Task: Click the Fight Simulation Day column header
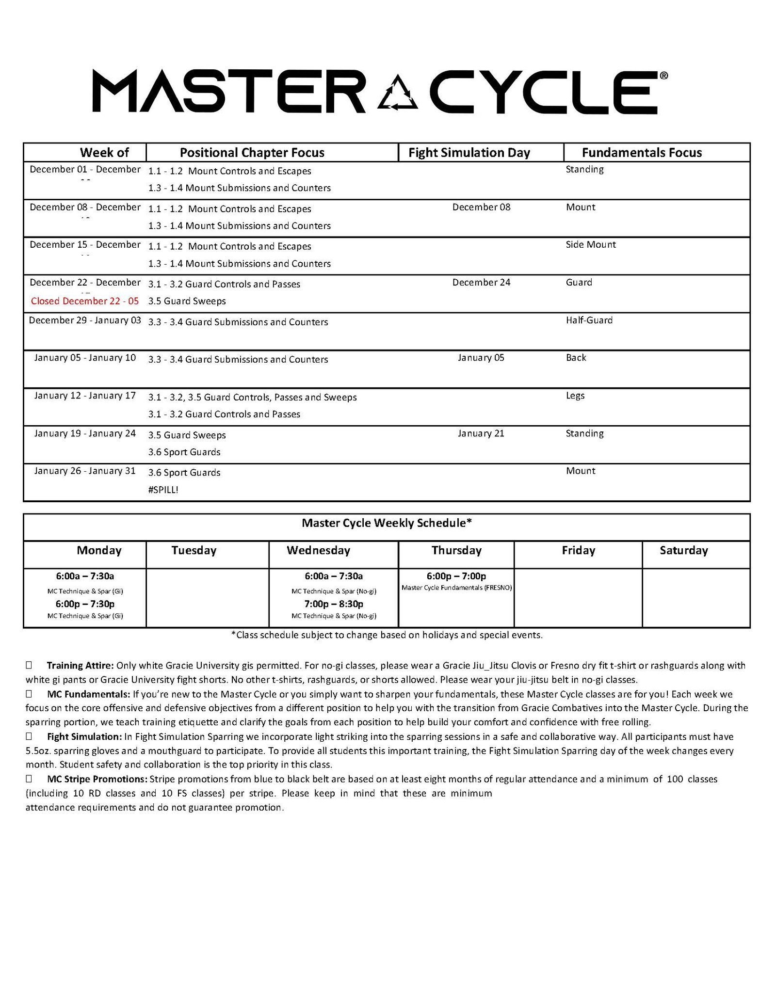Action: pos(469,153)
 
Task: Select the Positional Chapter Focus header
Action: pos(252,153)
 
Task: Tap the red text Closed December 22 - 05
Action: pos(85,301)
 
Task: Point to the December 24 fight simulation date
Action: pos(481,283)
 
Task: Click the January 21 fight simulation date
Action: pos(481,433)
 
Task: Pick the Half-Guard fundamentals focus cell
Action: pos(589,320)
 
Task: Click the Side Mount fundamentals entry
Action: pos(590,245)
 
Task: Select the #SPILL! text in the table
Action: pos(163,490)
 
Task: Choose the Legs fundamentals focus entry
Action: pos(575,396)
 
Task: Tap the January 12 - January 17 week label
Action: pos(85,396)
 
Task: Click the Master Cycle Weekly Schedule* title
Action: pos(387,523)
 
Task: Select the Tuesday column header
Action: pos(194,551)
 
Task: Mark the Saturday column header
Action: pos(683,551)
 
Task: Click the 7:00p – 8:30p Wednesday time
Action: pos(334,604)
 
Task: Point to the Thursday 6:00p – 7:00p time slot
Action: pos(456,576)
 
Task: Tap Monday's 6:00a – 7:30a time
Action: pos(85,576)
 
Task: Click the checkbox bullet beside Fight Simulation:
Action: pos(29,736)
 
